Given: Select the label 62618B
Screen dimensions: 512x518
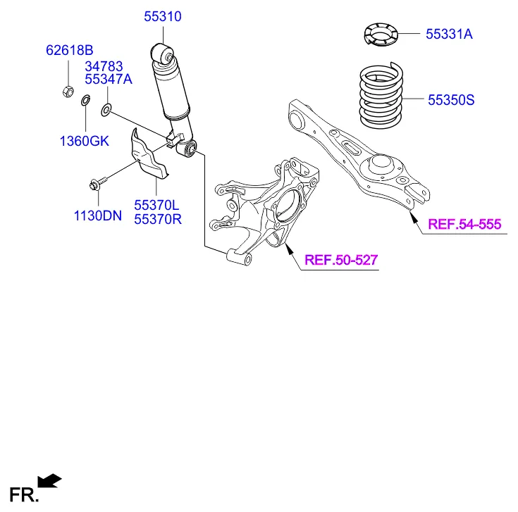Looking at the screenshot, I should click(70, 50).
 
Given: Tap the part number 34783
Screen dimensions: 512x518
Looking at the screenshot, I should click(105, 65).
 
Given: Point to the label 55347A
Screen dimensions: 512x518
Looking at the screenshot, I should click(109, 79).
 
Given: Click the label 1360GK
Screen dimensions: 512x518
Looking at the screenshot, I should click(84, 141).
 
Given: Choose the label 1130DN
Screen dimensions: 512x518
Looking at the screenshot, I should click(98, 216).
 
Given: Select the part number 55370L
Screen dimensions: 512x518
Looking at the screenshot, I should click(158, 204).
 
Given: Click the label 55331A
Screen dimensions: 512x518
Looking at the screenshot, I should click(449, 32).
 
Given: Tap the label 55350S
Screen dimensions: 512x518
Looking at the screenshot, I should click(451, 101).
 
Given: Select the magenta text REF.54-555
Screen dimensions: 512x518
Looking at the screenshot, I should click(464, 225).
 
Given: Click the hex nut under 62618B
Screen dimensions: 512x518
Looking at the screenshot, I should click(68, 91).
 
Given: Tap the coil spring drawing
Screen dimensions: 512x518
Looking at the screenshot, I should click(380, 96).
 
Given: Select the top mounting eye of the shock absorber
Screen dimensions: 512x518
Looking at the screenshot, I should click(163, 52).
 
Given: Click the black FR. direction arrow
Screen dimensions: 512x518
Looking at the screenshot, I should click(49, 480).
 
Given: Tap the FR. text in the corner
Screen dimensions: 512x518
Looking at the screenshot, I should click(23, 494).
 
